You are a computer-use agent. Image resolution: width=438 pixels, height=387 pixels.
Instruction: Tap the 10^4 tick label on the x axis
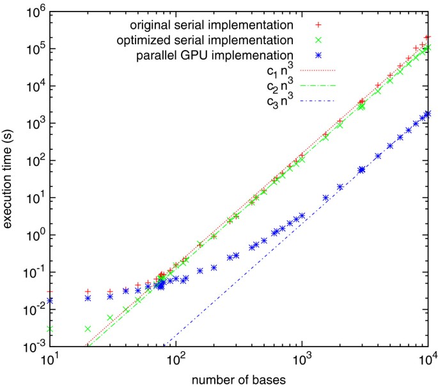click(x=428, y=360)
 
